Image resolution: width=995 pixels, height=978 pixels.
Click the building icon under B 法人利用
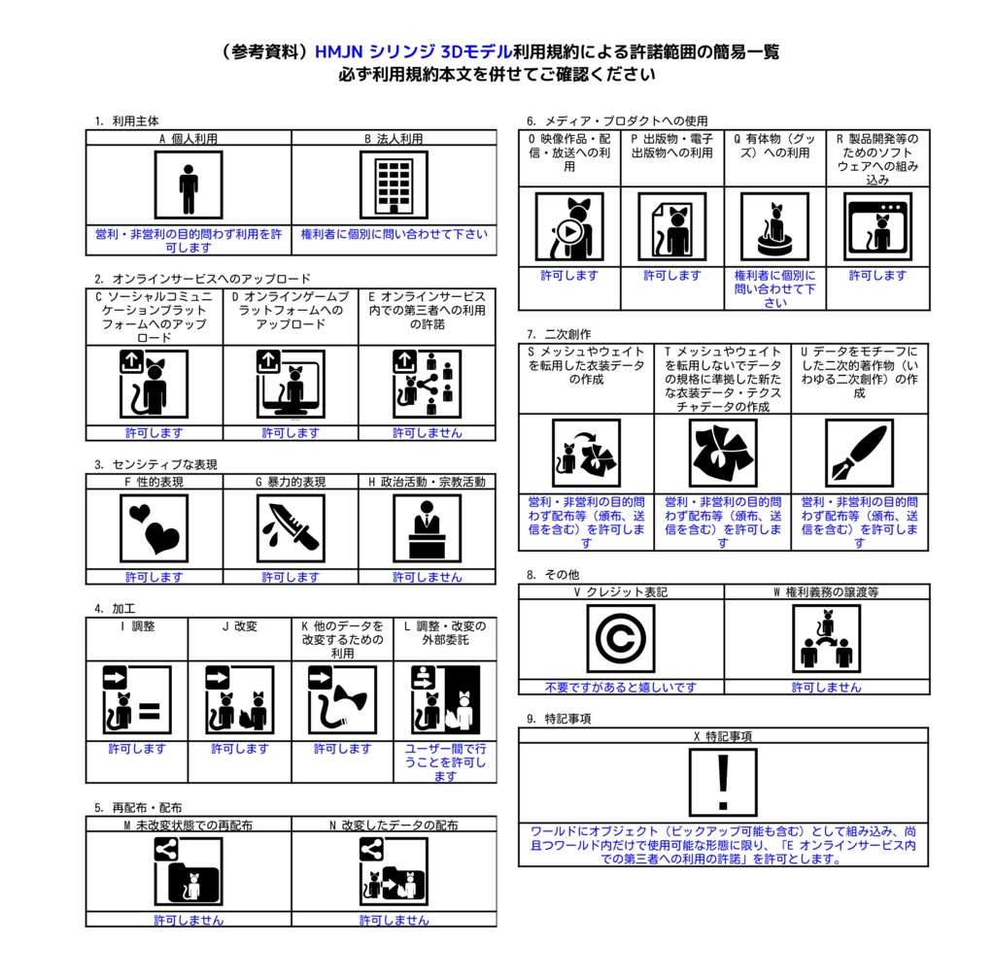pyautogui.click(x=394, y=185)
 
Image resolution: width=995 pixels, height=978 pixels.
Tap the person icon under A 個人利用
pyautogui.click(x=189, y=185)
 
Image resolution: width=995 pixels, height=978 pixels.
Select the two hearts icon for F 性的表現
pyautogui.click(x=154, y=528)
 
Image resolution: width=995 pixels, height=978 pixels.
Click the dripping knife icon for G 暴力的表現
pyautogui.click(x=291, y=528)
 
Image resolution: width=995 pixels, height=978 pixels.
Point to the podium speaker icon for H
pyautogui.click(x=428, y=528)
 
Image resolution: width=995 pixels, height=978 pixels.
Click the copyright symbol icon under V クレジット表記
pyautogui.click(x=621, y=638)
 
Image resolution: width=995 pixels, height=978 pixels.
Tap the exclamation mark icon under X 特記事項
pyautogui.click(x=723, y=782)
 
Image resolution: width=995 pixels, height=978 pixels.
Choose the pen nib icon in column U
pyautogui.click(x=859, y=453)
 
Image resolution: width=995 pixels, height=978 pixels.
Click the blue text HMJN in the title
pyautogui.click(x=338, y=51)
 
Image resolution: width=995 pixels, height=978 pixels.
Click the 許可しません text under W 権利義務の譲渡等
pyautogui.click(x=826, y=687)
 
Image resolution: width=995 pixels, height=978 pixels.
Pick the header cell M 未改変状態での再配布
pyautogui.click(x=189, y=825)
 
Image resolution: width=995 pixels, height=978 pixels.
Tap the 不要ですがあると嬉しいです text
pyautogui.click(x=621, y=687)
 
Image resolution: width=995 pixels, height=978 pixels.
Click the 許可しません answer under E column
pyautogui.click(x=428, y=432)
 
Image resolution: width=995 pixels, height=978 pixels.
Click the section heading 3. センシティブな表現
pyautogui.click(x=156, y=464)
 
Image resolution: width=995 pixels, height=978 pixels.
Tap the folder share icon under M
pyautogui.click(x=189, y=871)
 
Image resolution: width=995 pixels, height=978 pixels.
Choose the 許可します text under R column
pyautogui.click(x=877, y=275)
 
